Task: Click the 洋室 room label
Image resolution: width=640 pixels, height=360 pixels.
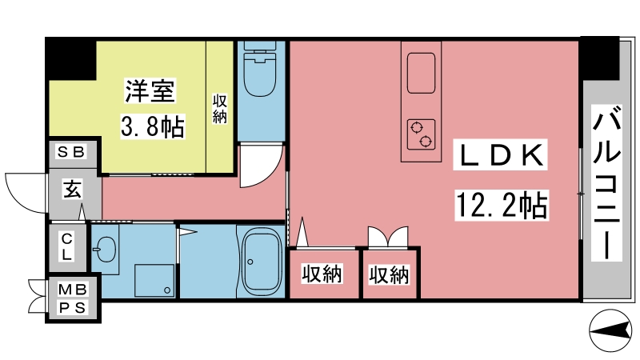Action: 150,91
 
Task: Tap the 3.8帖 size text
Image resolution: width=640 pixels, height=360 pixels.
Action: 153,126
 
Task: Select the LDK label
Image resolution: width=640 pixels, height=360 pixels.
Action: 500,155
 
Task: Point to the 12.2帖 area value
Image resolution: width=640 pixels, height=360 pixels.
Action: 502,206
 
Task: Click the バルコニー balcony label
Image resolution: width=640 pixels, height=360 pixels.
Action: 607,182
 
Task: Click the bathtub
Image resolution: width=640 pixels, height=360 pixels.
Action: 262,261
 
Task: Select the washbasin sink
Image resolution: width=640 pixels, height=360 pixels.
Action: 105,249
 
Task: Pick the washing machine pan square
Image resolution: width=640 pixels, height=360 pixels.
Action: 154,281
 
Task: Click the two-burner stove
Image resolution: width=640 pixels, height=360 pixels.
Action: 421,134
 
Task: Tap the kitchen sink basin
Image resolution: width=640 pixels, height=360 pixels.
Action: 421,73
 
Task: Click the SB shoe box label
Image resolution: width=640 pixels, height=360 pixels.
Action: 71,152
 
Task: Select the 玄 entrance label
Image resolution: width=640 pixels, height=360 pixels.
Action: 72,189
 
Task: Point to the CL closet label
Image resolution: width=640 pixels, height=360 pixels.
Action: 67,247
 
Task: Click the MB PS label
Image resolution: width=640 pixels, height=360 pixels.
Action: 73,298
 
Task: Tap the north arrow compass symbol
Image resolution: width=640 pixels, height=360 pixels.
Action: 610,330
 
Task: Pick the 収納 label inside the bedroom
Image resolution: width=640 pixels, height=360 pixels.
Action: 219,109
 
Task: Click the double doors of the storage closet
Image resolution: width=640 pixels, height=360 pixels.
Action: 388,237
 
